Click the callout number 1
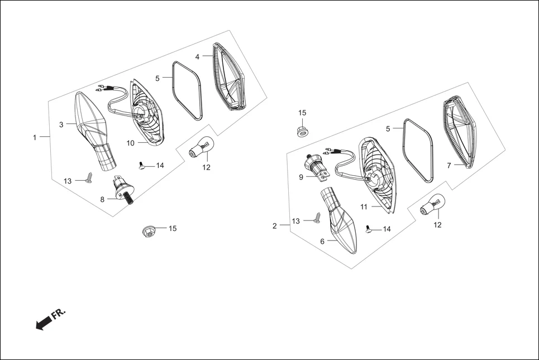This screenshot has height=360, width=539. point(35,137)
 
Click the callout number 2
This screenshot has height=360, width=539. point(275,226)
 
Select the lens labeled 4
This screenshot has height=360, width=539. point(229,78)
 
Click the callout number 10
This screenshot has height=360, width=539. point(130,143)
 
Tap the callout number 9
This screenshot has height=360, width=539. point(300,177)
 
